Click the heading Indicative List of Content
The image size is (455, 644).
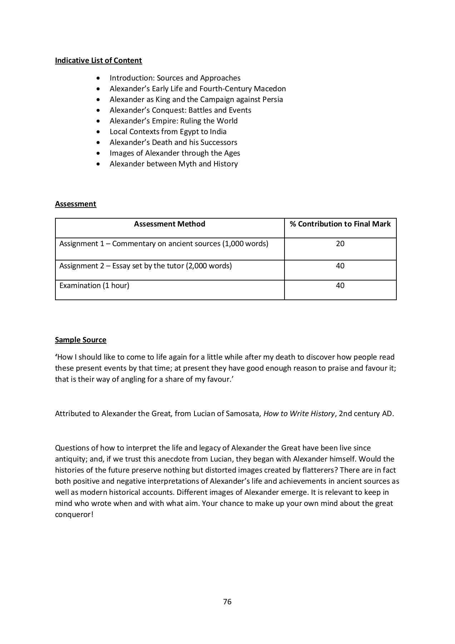(x=98, y=60)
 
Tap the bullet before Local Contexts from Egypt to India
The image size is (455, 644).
(x=99, y=132)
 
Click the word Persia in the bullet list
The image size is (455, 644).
(x=272, y=99)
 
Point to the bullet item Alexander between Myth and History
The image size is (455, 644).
(x=174, y=164)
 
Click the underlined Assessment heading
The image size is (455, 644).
(x=75, y=204)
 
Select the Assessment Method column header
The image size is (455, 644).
(x=169, y=224)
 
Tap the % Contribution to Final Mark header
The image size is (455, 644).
(x=340, y=224)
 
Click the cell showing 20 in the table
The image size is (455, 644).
(x=340, y=244)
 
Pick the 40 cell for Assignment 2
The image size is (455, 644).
(x=340, y=266)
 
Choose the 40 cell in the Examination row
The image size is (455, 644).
(x=340, y=286)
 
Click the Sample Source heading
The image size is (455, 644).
(x=80, y=340)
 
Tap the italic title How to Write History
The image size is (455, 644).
(x=299, y=414)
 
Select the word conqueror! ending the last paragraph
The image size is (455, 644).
(x=74, y=515)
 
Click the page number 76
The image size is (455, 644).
(x=227, y=602)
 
